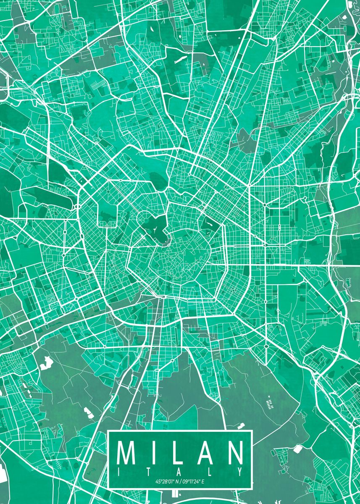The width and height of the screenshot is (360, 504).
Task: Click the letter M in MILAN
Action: [126, 453]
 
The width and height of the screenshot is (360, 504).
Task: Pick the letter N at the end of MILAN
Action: [234, 453]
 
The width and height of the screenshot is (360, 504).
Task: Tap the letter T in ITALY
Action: [150, 471]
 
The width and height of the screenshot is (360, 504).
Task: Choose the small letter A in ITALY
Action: [180, 471]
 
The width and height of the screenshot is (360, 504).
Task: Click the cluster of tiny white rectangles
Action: [270, 404]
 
